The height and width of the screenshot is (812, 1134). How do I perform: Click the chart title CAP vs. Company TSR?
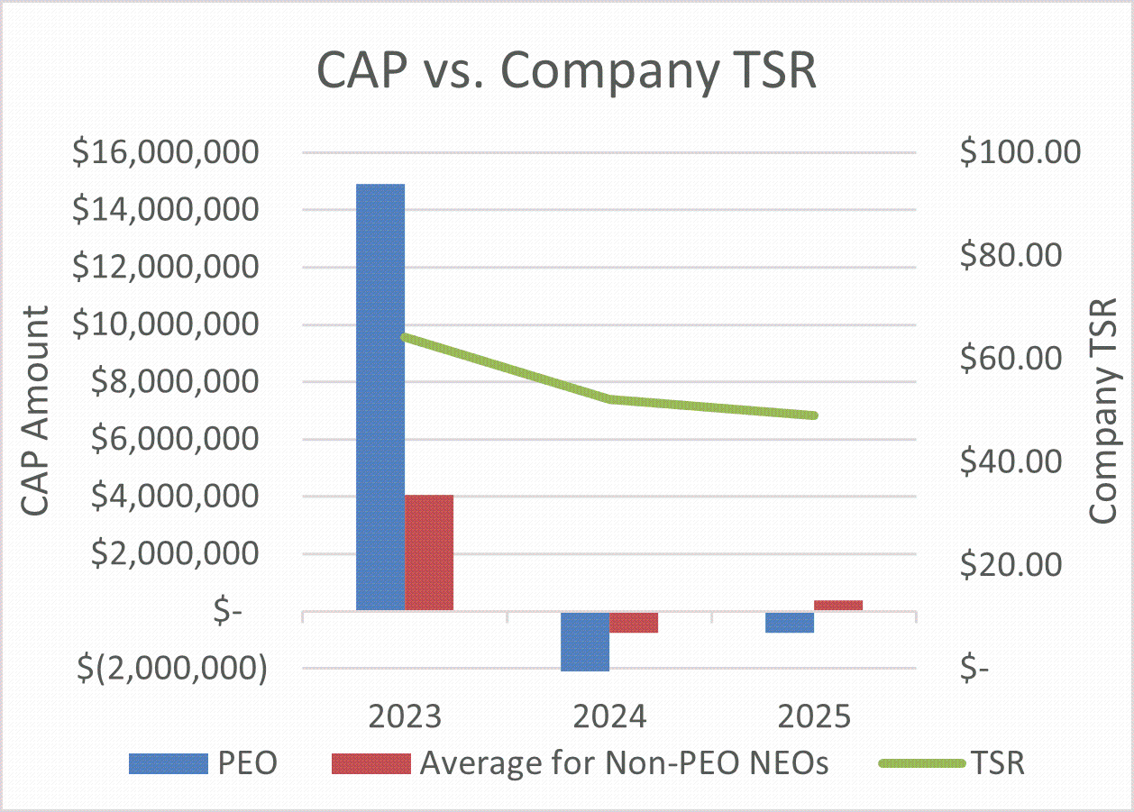[x=567, y=71]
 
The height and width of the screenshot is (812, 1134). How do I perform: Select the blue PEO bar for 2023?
[x=380, y=397]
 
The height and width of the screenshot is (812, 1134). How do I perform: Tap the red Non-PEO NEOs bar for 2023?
[x=429, y=552]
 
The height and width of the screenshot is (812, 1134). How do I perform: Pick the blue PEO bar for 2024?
[x=585, y=641]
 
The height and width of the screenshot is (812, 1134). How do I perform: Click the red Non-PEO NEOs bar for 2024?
[x=634, y=622]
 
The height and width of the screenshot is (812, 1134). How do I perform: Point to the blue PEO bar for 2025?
[x=790, y=622]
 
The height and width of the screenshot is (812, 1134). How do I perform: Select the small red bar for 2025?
[x=838, y=606]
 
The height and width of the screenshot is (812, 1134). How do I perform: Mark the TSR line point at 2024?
[x=610, y=398]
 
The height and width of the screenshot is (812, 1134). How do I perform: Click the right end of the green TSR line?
[x=814, y=415]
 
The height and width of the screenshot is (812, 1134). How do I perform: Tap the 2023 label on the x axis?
[x=405, y=717]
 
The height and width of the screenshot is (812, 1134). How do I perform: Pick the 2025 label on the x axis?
[x=814, y=717]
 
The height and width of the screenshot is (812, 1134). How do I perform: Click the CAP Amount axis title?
[x=34, y=410]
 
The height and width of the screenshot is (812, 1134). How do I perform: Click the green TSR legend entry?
[x=952, y=763]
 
